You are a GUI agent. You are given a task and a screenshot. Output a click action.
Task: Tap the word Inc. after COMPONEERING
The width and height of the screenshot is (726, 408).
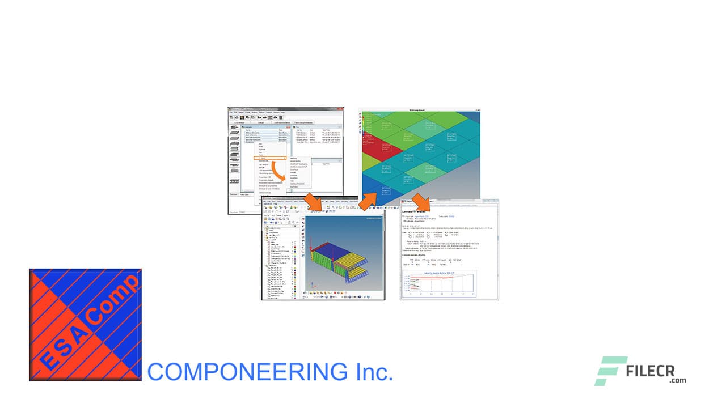tap(373, 372)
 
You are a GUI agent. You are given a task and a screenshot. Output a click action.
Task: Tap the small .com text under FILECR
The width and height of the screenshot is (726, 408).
tap(677, 380)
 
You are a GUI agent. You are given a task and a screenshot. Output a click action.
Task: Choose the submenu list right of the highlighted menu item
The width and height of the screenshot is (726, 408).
tap(299, 172)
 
